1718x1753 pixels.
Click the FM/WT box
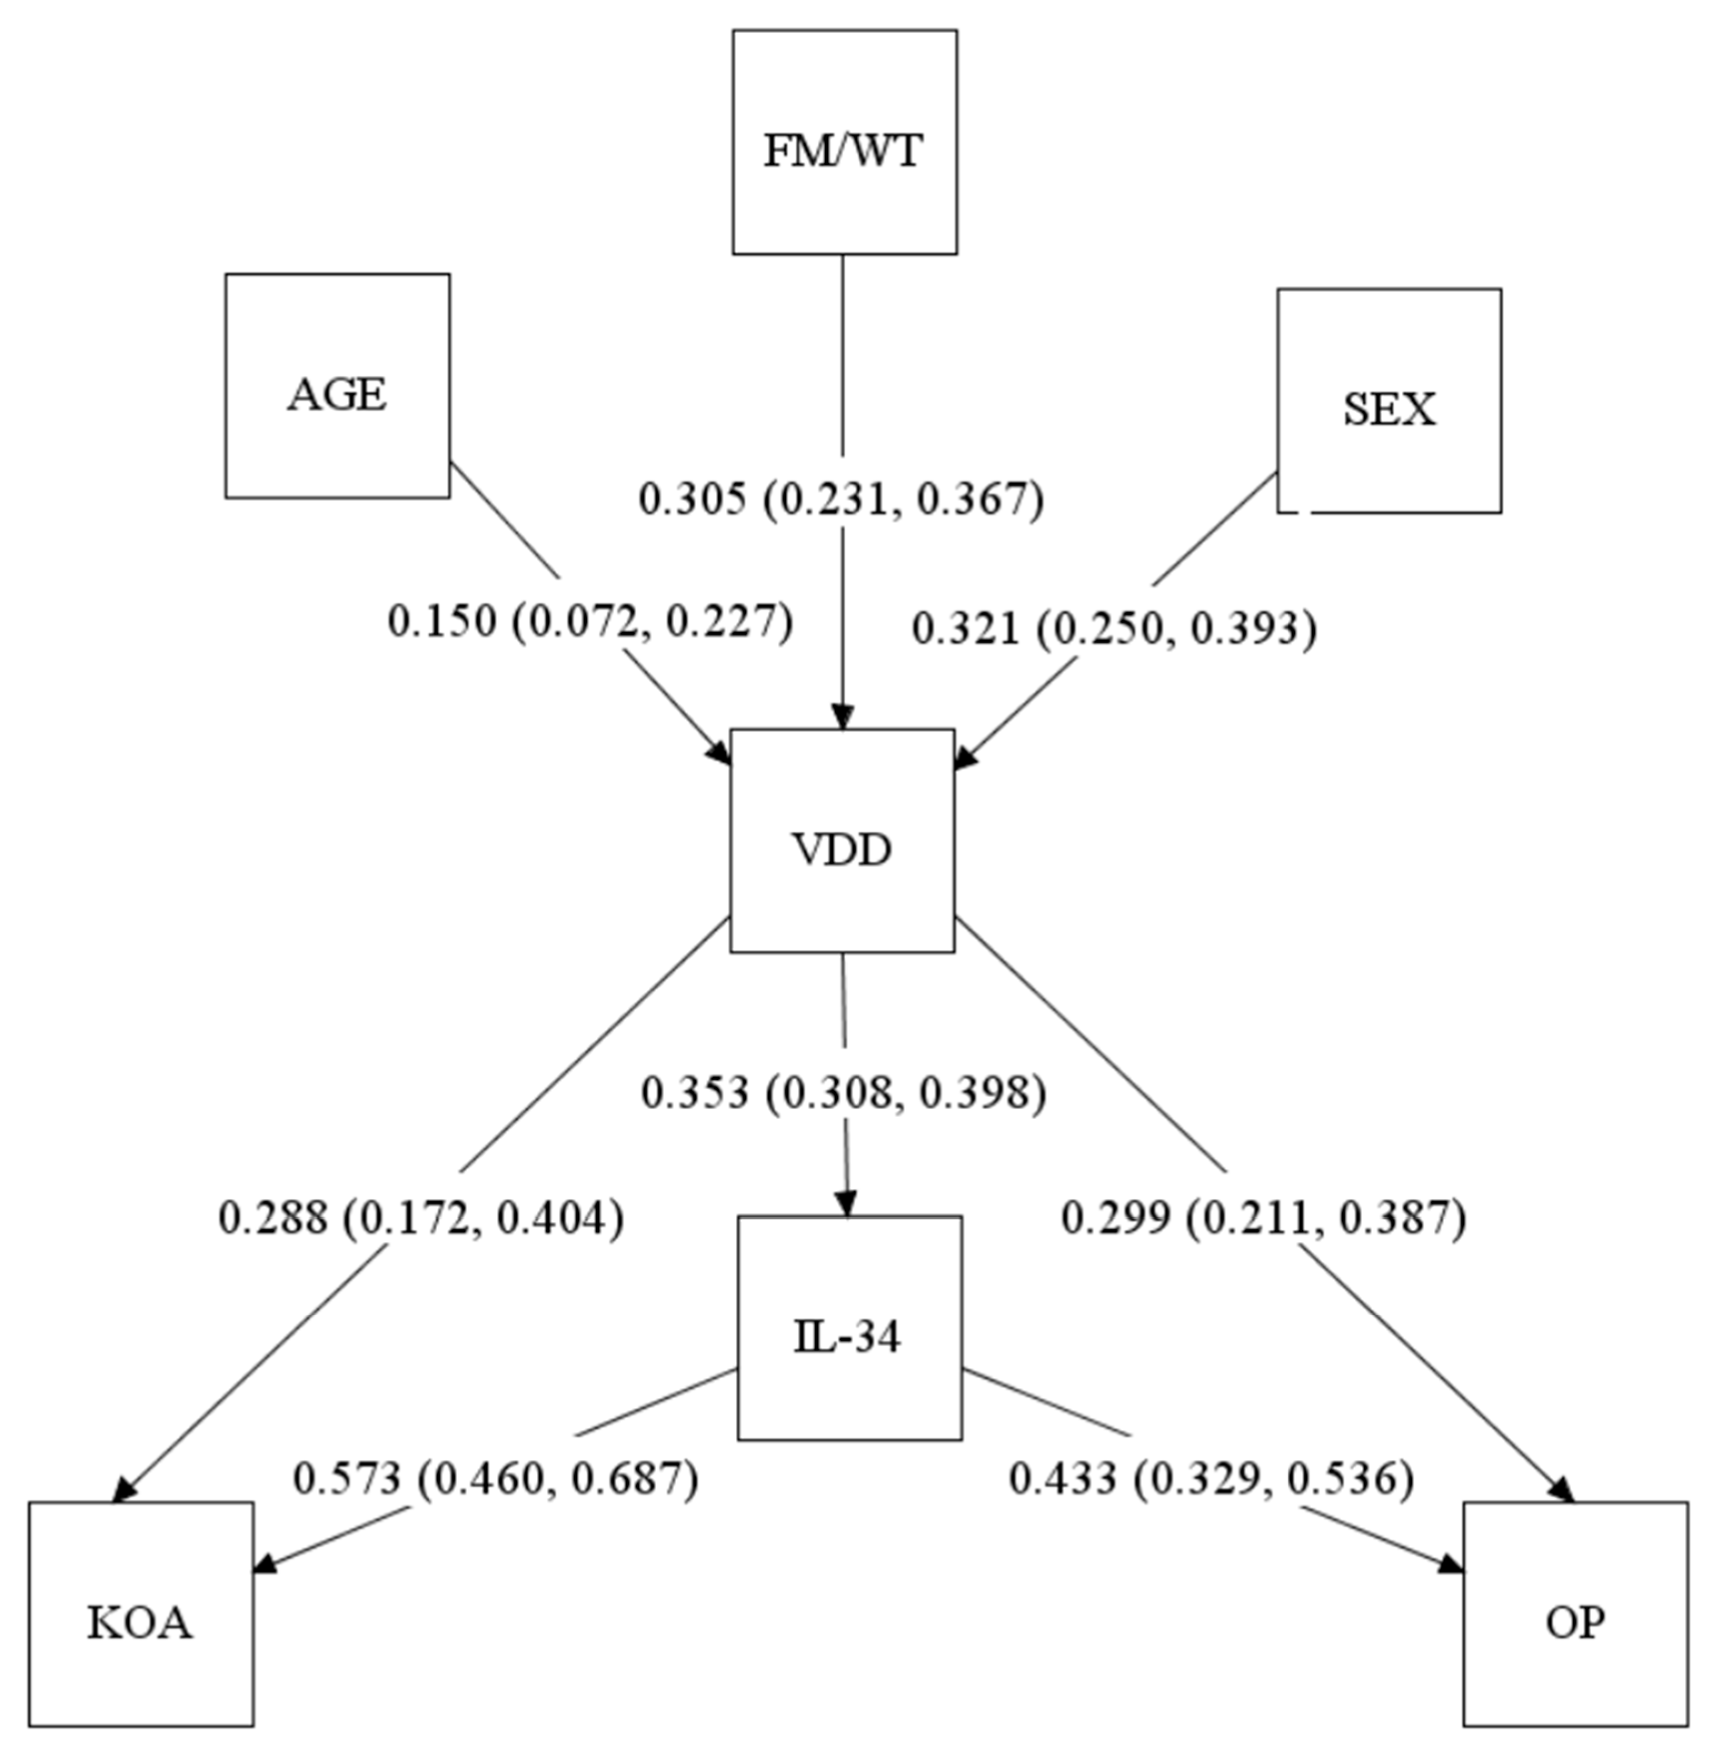point(845,142)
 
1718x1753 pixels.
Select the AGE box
point(338,386)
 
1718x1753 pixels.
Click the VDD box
point(842,841)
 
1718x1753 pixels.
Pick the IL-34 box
point(849,1328)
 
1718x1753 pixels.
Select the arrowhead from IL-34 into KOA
point(265,1564)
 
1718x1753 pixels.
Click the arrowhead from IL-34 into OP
point(1451,1564)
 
